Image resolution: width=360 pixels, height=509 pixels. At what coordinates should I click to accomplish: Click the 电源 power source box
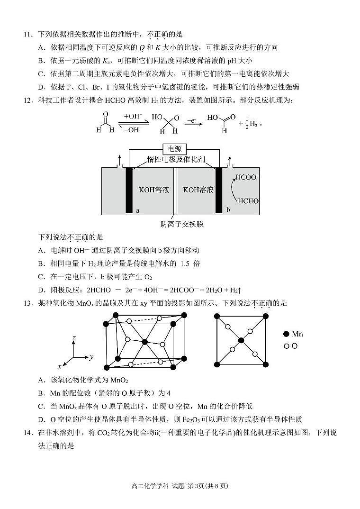[175, 148]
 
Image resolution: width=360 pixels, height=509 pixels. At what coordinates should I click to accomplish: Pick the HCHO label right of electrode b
[248, 201]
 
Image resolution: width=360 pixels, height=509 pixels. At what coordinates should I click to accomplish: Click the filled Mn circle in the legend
[286, 334]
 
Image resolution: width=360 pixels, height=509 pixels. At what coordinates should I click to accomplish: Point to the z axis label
[74, 337]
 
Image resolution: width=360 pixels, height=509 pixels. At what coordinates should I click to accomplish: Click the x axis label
[60, 366]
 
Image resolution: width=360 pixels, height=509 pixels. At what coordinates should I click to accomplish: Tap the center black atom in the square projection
[241, 340]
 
